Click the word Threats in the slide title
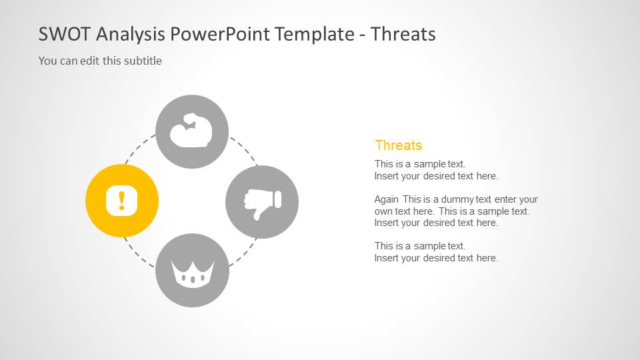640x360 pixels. point(403,34)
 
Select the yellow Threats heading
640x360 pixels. point(398,145)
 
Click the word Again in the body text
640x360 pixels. point(387,199)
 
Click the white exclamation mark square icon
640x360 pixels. point(121,200)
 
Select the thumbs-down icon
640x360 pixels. point(262,202)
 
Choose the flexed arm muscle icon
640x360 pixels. point(191,132)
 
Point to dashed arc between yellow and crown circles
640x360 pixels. point(139,253)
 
